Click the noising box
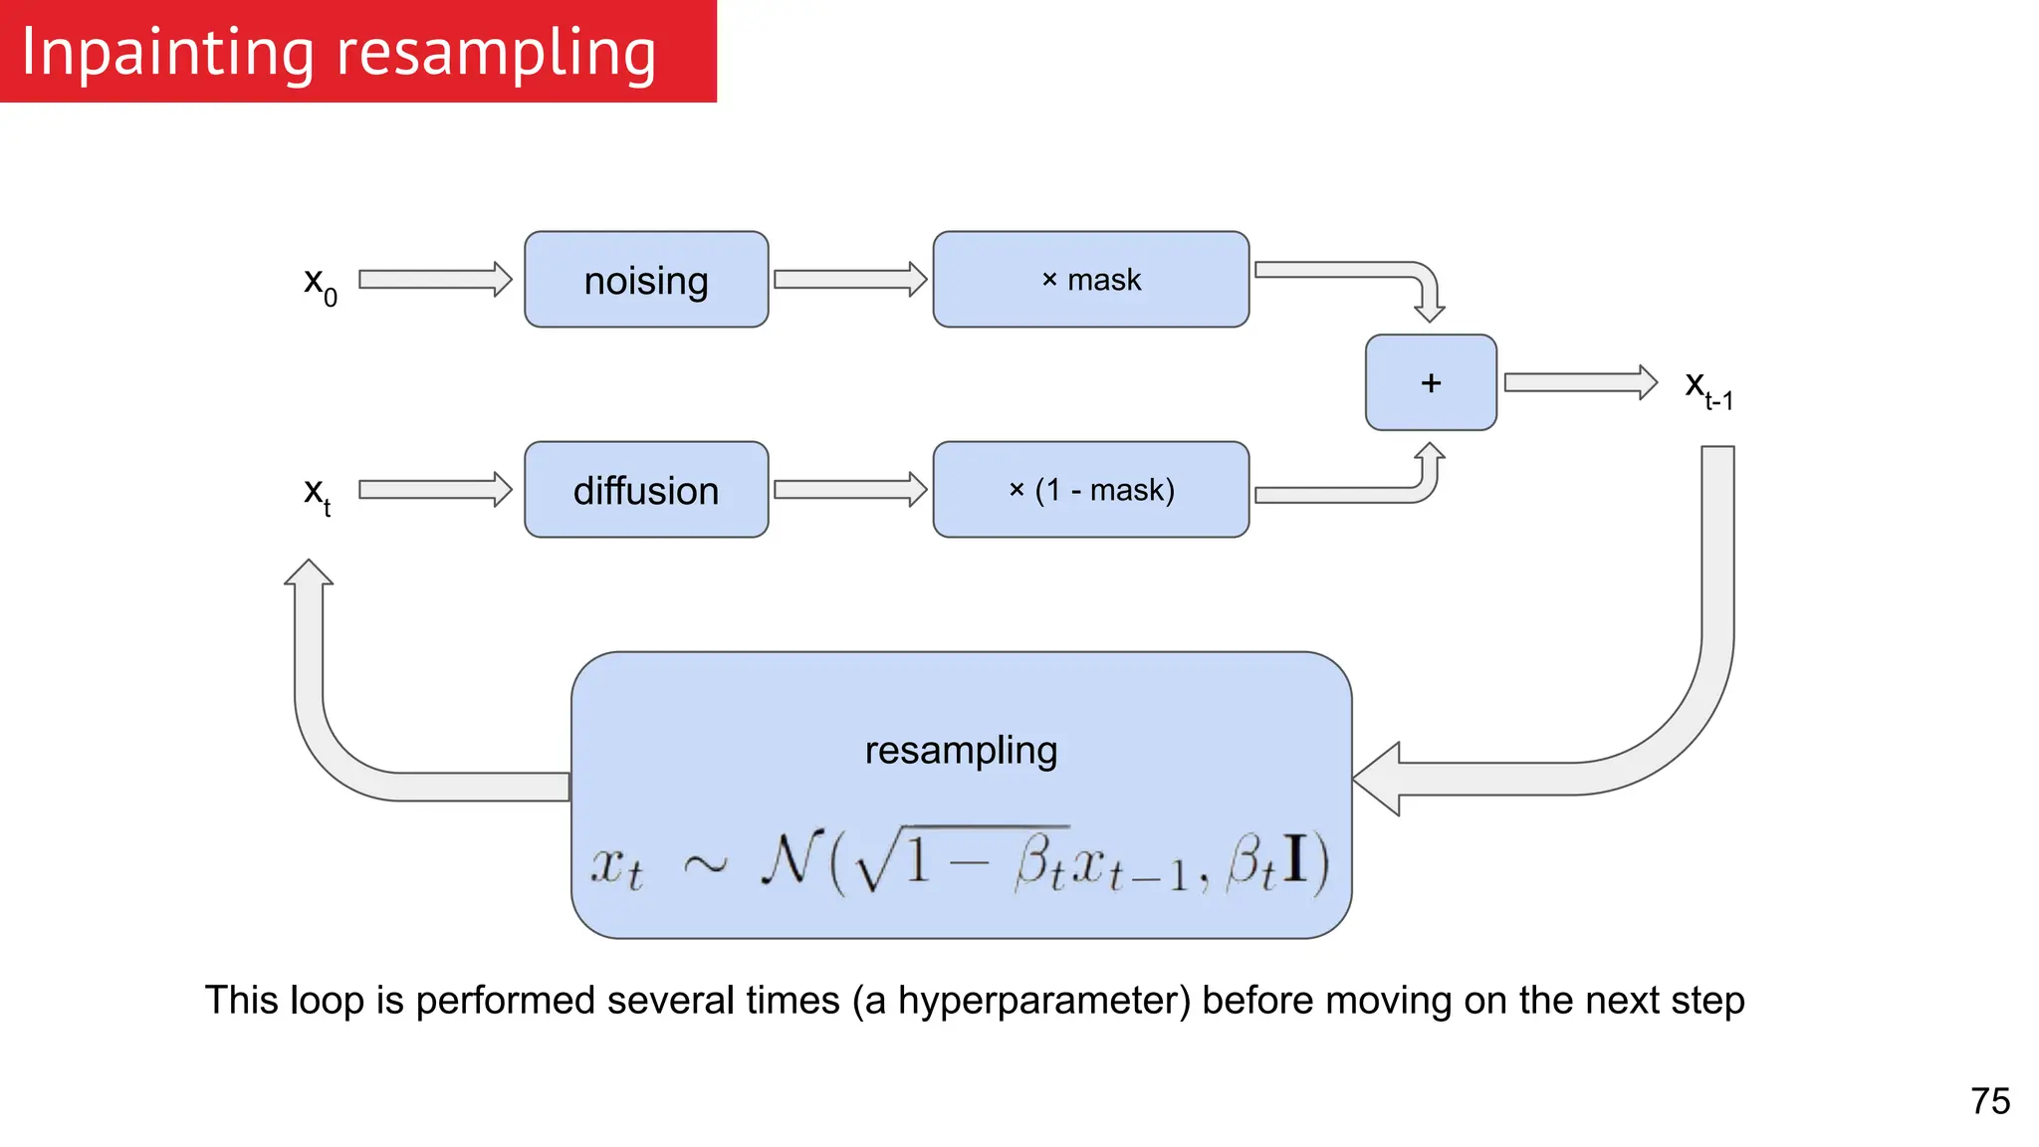[646, 280]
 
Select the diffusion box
[646, 490]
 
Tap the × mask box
[1090, 280]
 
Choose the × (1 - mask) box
[1090, 490]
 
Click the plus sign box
[1431, 382]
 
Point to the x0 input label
[320, 285]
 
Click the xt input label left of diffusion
[317, 494]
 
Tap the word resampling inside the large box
[961, 751]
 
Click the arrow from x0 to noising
[435, 280]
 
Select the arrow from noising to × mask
[849, 280]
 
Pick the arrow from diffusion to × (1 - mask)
[849, 490]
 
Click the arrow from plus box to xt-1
[1580, 382]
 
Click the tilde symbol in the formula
[705, 864]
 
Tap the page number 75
[1989, 1101]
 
